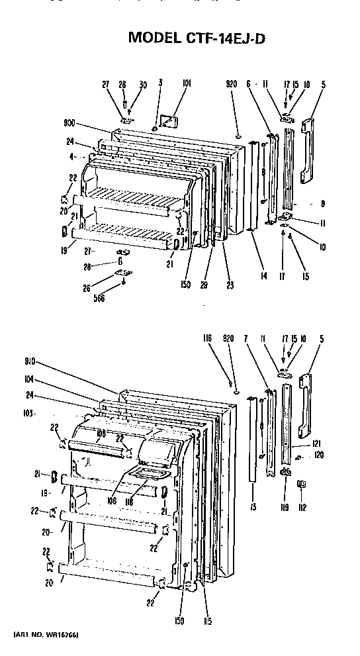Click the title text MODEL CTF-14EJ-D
(x=197, y=38)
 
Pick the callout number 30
(x=142, y=84)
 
